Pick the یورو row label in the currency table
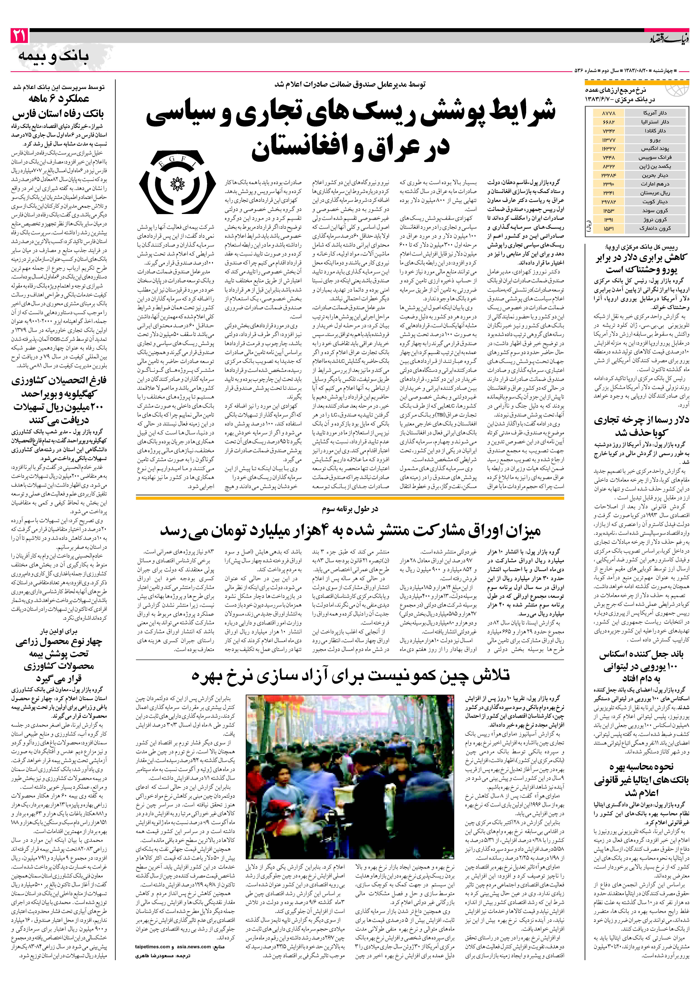(654, 140)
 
